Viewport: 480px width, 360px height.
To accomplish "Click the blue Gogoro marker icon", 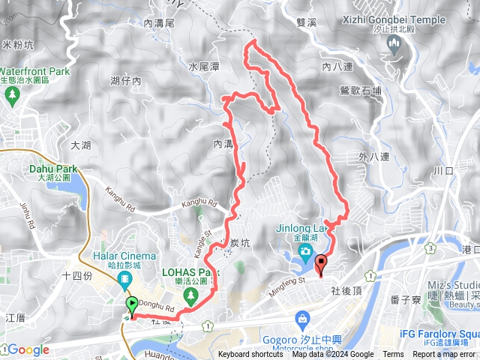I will (x=302, y=319).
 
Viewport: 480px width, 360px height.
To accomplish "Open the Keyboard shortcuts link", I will (x=251, y=355).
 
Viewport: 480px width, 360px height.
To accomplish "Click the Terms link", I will (x=393, y=355).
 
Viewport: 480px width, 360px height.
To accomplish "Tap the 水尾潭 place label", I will (x=203, y=67).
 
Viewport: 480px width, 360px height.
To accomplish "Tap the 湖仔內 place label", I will (x=125, y=80).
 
